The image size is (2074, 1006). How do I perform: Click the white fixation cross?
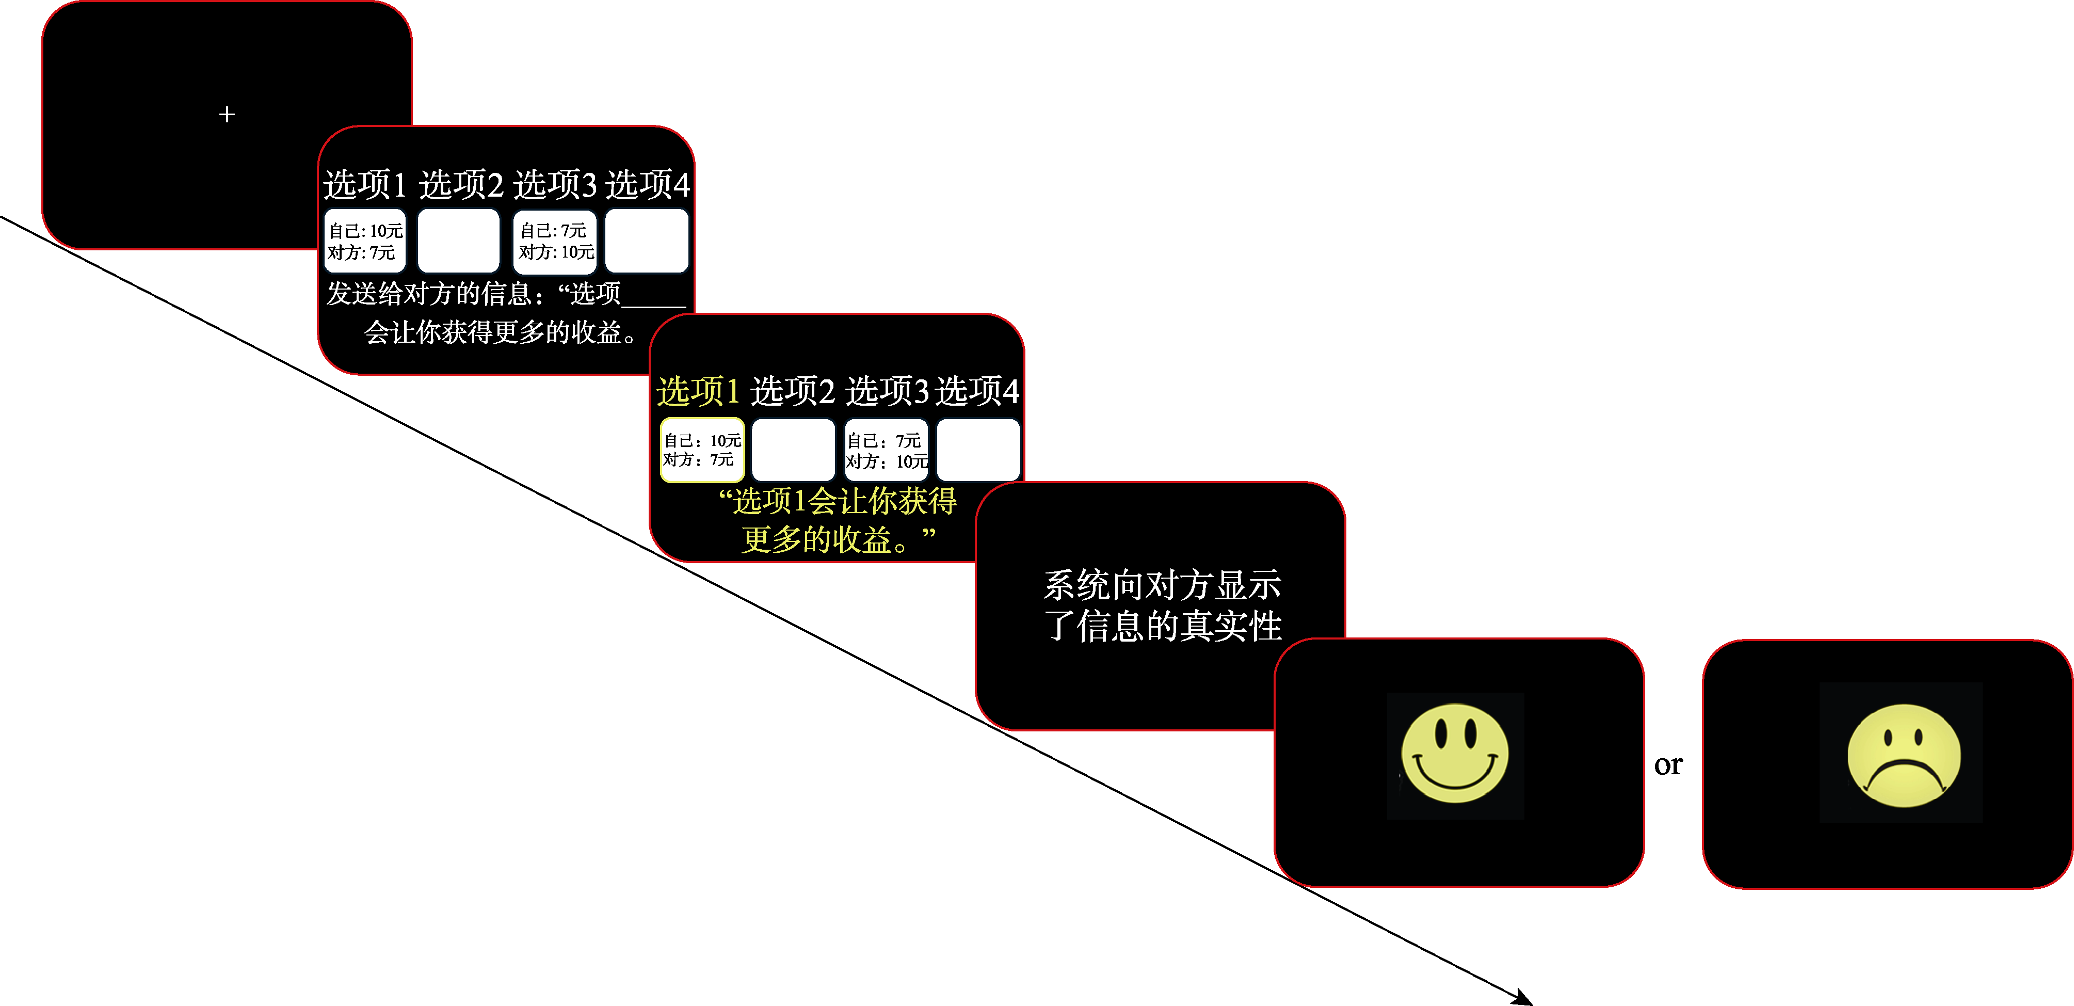coord(227,115)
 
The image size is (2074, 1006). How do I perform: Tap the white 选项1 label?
coord(365,184)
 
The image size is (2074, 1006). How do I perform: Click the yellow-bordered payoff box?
coord(702,450)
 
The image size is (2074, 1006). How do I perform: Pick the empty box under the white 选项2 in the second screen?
coord(459,241)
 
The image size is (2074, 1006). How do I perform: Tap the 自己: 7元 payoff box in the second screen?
coord(555,241)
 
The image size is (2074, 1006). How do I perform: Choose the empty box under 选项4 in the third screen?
coord(978,450)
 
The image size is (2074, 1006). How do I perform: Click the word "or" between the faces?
coord(1668,764)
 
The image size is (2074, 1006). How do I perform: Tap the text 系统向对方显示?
coord(1162,585)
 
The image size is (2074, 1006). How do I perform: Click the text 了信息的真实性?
coord(1162,626)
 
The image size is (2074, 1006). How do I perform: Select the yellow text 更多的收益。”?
coord(838,539)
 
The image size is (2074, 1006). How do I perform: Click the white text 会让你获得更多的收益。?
coord(501,332)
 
